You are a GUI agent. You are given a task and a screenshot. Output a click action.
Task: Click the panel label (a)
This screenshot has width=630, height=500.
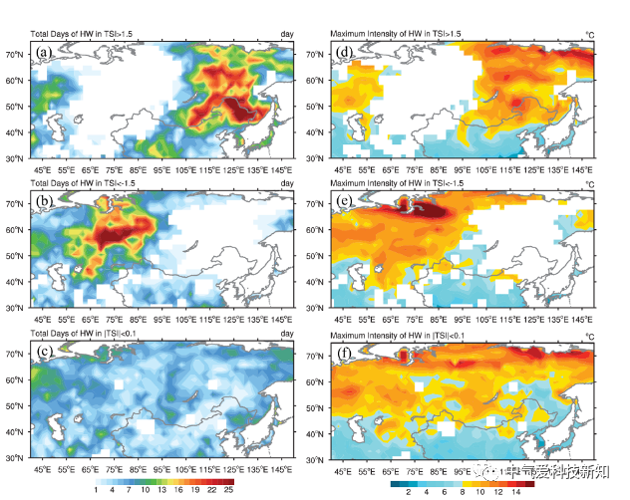[44, 53]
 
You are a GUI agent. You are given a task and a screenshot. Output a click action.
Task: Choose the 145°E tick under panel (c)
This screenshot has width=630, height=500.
[280, 468]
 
